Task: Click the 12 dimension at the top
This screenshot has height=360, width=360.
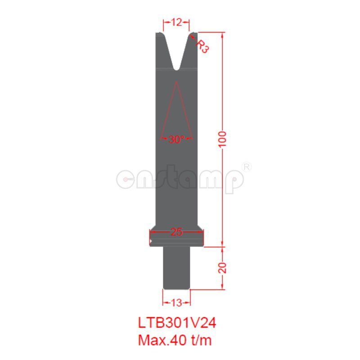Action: [176, 22]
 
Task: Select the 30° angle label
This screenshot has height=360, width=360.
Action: [176, 139]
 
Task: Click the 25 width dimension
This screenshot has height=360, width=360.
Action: [176, 232]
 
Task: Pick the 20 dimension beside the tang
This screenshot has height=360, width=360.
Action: [224, 268]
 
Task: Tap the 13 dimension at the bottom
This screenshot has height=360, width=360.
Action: [176, 302]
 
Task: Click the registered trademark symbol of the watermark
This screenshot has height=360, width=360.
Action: [247, 166]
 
